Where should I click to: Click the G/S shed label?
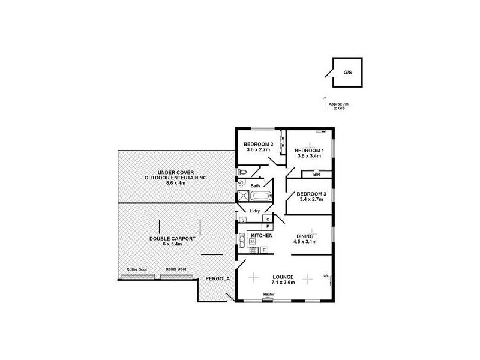click(x=347, y=72)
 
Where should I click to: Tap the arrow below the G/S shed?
click(x=325, y=102)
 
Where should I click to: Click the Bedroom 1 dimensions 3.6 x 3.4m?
click(x=309, y=155)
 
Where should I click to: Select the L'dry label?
click(x=255, y=212)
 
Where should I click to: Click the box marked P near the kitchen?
click(x=267, y=227)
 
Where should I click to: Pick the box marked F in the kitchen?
click(x=264, y=248)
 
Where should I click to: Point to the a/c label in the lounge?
click(x=326, y=275)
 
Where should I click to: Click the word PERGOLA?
click(x=217, y=279)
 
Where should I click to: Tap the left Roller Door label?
click(x=135, y=269)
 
